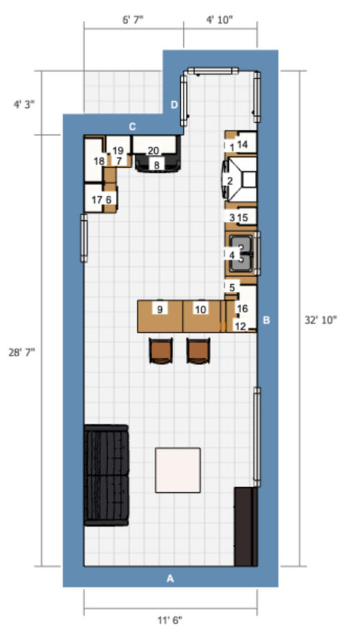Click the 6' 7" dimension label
point(133,20)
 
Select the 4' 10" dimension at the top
point(220,20)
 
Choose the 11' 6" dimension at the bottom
point(170,619)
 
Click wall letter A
point(171,578)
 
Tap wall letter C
point(132,127)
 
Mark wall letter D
point(174,105)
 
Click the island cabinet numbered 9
point(159,309)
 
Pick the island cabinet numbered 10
point(202,309)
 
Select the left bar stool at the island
point(160,350)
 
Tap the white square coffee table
point(178,470)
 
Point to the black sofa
point(106,475)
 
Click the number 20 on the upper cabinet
point(153,150)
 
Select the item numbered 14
point(243,145)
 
